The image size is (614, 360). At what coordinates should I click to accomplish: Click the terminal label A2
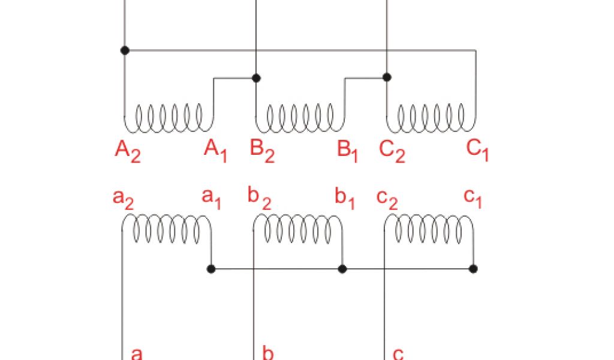point(127,151)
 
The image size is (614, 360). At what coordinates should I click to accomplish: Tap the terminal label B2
point(261,151)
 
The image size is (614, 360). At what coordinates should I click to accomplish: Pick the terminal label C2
point(392,151)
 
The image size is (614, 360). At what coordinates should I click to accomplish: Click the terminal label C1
point(478,150)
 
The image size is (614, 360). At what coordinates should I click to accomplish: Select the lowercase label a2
point(123,198)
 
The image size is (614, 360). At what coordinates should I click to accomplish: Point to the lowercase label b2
point(259,198)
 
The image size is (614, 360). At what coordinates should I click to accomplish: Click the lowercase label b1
point(345,199)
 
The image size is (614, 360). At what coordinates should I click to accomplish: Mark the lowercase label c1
point(473,198)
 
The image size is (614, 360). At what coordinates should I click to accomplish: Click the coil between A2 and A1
point(168,118)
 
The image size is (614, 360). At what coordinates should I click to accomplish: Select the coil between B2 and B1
point(300,118)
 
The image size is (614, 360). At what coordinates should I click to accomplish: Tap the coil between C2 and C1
point(431,118)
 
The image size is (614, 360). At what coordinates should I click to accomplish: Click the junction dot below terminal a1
point(211,268)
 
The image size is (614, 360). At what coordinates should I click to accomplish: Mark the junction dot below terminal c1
point(473,268)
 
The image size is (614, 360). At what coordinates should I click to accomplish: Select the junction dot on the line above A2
point(125,50)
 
